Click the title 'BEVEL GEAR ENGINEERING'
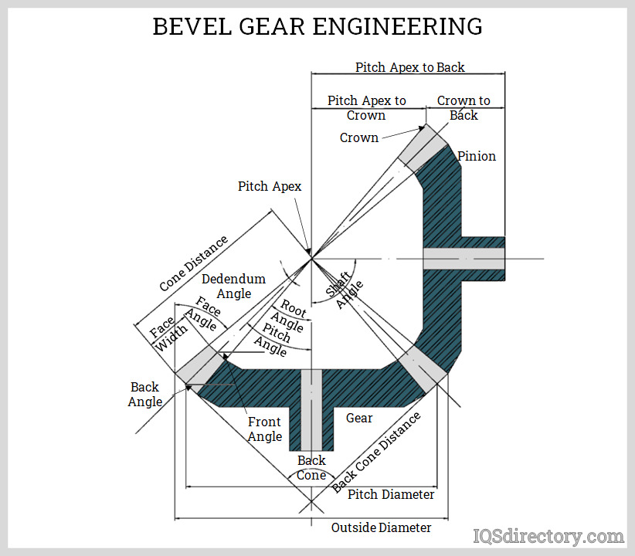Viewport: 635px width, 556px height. [x=317, y=26]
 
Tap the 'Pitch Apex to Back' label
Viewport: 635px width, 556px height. [x=409, y=67]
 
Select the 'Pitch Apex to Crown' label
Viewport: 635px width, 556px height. [x=366, y=107]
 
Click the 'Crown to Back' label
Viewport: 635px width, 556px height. [x=464, y=107]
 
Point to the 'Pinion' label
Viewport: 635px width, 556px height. [x=477, y=156]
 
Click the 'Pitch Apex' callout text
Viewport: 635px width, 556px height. [x=269, y=186]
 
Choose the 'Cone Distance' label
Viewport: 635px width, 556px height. [x=194, y=263]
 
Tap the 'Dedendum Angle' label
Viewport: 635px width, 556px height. [x=233, y=286]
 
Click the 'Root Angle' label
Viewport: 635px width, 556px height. [x=291, y=316]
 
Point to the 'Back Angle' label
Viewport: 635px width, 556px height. [x=145, y=394]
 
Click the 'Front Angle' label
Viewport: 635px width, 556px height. [x=265, y=429]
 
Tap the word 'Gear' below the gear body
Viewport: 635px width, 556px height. [x=359, y=418]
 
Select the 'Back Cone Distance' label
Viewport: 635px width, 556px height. [x=377, y=452]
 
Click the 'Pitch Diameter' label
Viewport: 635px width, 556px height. [x=391, y=494]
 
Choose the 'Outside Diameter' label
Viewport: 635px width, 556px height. [x=381, y=527]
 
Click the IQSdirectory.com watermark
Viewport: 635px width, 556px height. [x=548, y=536]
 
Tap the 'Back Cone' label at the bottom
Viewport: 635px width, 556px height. [x=311, y=468]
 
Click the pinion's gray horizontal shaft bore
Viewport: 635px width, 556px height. [x=464, y=259]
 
